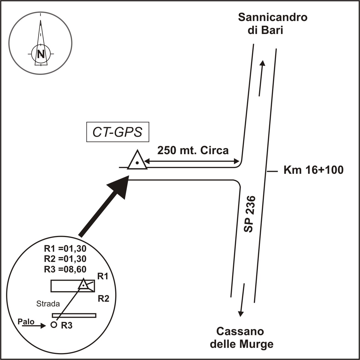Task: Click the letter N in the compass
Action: point(41,54)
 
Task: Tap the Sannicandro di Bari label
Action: point(272,24)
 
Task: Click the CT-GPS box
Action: point(118,132)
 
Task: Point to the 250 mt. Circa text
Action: point(193,151)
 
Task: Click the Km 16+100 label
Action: point(313,170)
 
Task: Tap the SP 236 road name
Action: point(249,214)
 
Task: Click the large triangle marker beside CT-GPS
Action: point(137,161)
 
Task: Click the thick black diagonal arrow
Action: point(105,206)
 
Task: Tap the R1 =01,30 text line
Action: point(65,249)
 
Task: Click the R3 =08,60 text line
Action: point(65,269)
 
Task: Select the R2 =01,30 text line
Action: point(65,259)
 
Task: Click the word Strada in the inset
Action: point(48,304)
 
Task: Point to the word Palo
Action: point(26,322)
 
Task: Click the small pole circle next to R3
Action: point(54,325)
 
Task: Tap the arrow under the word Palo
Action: point(34,326)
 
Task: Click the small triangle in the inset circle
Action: point(83,285)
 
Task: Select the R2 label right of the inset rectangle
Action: point(104,298)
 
